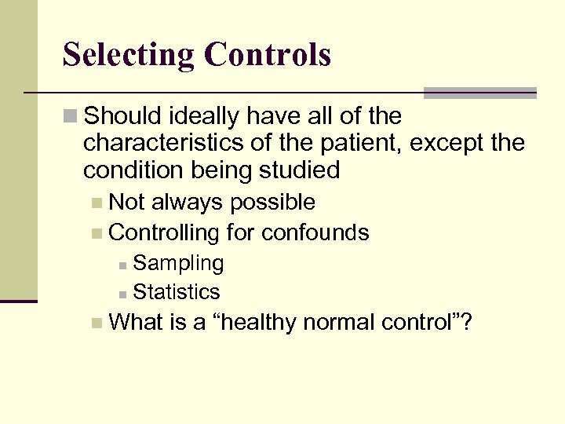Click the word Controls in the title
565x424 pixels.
click(267, 55)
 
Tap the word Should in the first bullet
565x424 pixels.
click(120, 117)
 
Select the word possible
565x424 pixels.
click(273, 203)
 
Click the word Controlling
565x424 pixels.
click(165, 232)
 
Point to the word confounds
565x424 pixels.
click(315, 232)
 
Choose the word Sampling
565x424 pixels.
click(178, 264)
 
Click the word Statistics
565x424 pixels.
click(177, 292)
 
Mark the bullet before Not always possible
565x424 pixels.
click(96, 203)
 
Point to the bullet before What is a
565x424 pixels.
click(96, 323)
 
